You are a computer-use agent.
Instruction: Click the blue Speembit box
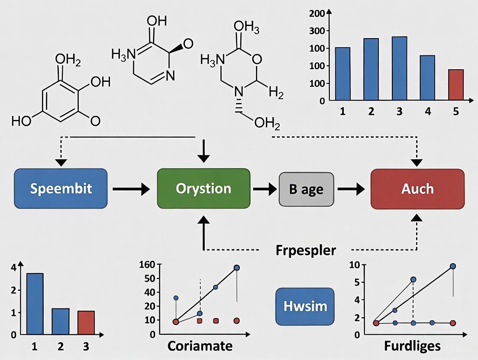tap(61, 189)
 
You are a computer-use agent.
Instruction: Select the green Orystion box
tap(203, 189)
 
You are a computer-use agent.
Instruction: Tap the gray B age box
tap(306, 189)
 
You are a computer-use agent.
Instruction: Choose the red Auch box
tap(417, 189)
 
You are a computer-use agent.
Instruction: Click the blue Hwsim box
tap(305, 306)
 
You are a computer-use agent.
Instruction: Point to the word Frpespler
tap(305, 251)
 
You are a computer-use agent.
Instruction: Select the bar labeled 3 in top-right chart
tap(399, 68)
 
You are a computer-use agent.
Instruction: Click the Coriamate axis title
tap(200, 346)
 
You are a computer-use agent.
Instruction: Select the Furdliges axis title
tap(412, 346)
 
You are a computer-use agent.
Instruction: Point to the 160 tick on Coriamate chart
tap(148, 265)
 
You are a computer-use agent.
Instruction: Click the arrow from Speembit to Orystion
tap(131, 189)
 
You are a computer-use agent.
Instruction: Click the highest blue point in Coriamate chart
tap(237, 267)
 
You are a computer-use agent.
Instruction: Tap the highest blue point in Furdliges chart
tap(453, 266)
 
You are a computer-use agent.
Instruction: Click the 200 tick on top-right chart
tap(317, 13)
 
